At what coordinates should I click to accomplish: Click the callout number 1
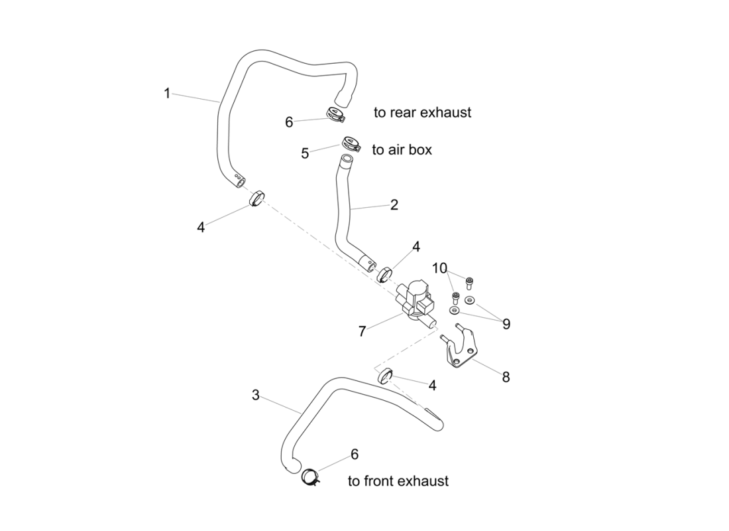(168, 94)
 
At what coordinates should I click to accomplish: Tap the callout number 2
(394, 205)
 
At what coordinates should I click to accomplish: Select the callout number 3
(256, 396)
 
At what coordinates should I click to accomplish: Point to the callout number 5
(305, 153)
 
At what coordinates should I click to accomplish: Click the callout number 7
(362, 331)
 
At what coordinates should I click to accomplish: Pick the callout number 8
(506, 377)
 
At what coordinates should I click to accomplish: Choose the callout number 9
(506, 324)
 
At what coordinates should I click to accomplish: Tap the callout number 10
(440, 268)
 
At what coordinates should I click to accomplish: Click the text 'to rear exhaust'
(422, 113)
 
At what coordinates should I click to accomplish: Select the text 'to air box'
(402, 150)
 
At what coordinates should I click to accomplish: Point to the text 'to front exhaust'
(398, 481)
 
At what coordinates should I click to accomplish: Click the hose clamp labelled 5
(351, 143)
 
